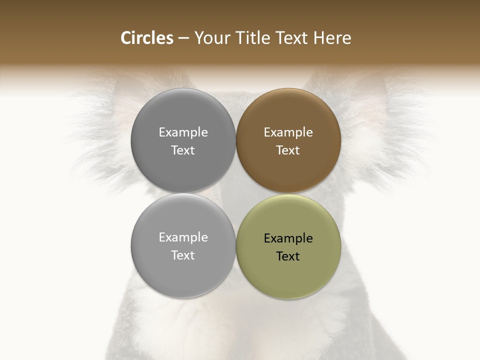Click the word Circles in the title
click(x=146, y=38)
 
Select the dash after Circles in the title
click(x=183, y=38)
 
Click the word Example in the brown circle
click(x=288, y=132)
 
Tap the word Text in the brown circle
click(x=288, y=150)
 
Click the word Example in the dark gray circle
click(x=183, y=132)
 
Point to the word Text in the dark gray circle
click(x=183, y=150)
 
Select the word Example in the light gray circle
click(x=183, y=237)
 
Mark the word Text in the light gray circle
click(x=183, y=255)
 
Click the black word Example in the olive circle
click(x=288, y=238)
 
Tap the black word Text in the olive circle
click(x=288, y=256)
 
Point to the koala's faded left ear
click(x=100, y=130)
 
